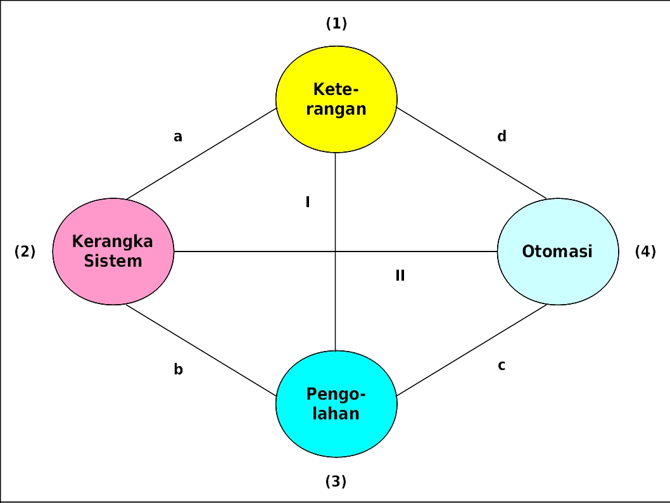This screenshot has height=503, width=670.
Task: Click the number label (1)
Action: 336,24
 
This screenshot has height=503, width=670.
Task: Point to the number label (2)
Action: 25,251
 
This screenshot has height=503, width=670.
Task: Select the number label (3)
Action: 336,481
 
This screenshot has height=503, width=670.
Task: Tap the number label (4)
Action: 645,251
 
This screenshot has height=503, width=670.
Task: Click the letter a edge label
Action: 178,136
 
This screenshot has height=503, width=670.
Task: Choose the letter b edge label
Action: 178,370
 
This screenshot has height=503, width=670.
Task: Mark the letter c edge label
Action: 502,366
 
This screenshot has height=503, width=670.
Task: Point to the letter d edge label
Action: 502,136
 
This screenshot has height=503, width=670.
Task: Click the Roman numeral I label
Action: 308,203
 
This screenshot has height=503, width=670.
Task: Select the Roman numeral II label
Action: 400,276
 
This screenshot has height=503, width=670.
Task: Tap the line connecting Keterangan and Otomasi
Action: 472,153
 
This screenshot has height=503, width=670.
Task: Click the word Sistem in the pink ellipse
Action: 113,261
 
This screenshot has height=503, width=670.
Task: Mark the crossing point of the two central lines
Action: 335,251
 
